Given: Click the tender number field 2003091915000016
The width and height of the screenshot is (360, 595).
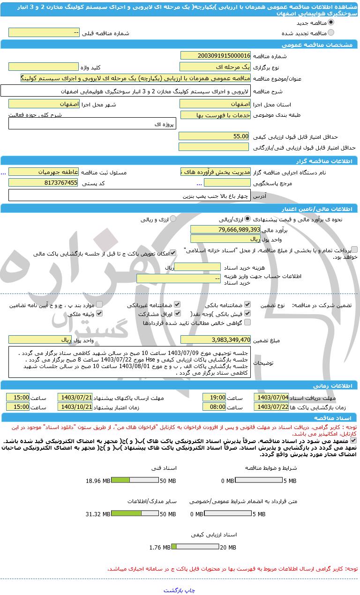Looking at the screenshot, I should point(215,56).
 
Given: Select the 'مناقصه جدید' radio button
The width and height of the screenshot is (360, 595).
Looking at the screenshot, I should point(331,22).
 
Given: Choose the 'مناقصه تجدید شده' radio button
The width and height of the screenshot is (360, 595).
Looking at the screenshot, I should point(331,33).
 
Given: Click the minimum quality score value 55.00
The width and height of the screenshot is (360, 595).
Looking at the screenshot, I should point(214,136).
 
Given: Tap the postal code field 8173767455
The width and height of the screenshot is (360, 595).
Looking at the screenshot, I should point(44,183).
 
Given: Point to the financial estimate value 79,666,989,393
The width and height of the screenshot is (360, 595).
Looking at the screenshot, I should point(225,229).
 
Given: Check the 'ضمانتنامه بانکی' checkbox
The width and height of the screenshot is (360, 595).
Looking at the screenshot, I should point(247,305).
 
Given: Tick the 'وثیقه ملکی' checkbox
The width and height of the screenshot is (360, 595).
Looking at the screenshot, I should point(99,314).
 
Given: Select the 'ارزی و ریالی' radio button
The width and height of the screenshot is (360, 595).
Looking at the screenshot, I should point(173,219).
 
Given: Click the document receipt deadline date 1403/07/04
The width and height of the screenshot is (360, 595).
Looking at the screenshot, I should point(271,398).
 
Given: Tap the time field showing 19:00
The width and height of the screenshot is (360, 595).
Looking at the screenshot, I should point(214,398).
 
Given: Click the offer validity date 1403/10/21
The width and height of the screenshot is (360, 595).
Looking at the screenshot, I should point(75,407).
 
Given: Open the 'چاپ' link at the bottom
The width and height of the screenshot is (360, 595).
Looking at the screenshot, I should point(190,590).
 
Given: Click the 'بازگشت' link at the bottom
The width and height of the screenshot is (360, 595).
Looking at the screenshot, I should point(173,590).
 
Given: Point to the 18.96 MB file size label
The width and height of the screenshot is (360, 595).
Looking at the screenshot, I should point(98,481).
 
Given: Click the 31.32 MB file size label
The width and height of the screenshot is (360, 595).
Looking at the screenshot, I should point(98,514).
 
